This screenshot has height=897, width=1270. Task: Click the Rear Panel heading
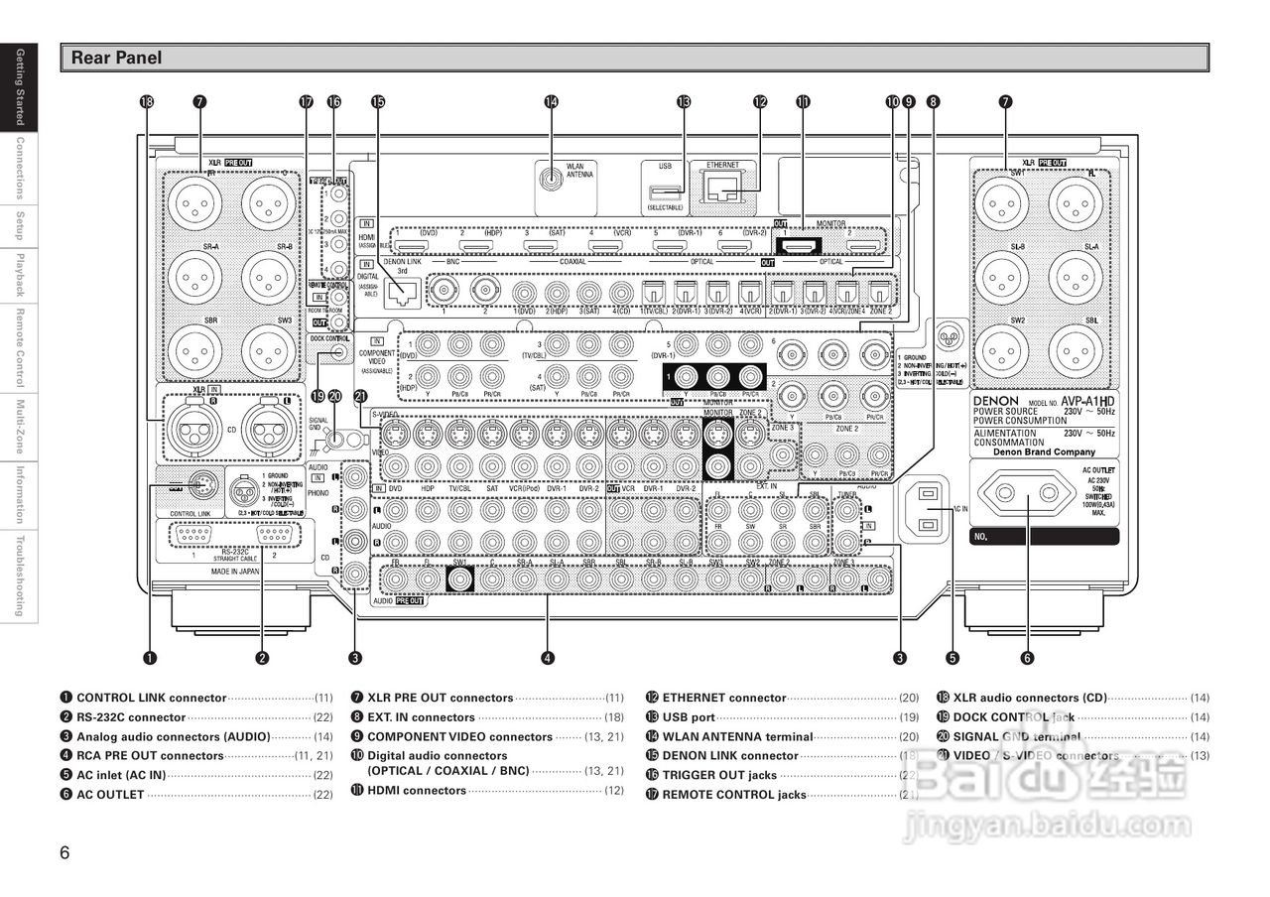[116, 59]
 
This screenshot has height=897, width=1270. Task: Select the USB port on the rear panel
[664, 191]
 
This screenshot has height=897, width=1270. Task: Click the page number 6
[65, 851]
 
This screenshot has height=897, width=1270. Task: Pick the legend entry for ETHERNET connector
[724, 699]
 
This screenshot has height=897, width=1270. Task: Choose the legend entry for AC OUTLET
[110, 795]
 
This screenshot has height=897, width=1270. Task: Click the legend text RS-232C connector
[131, 717]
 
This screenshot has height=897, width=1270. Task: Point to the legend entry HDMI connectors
[417, 791]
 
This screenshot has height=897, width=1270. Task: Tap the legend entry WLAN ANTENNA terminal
[737, 737]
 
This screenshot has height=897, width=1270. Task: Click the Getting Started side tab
[19, 87]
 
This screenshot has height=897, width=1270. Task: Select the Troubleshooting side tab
[19, 577]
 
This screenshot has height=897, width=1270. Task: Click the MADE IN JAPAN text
[235, 573]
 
